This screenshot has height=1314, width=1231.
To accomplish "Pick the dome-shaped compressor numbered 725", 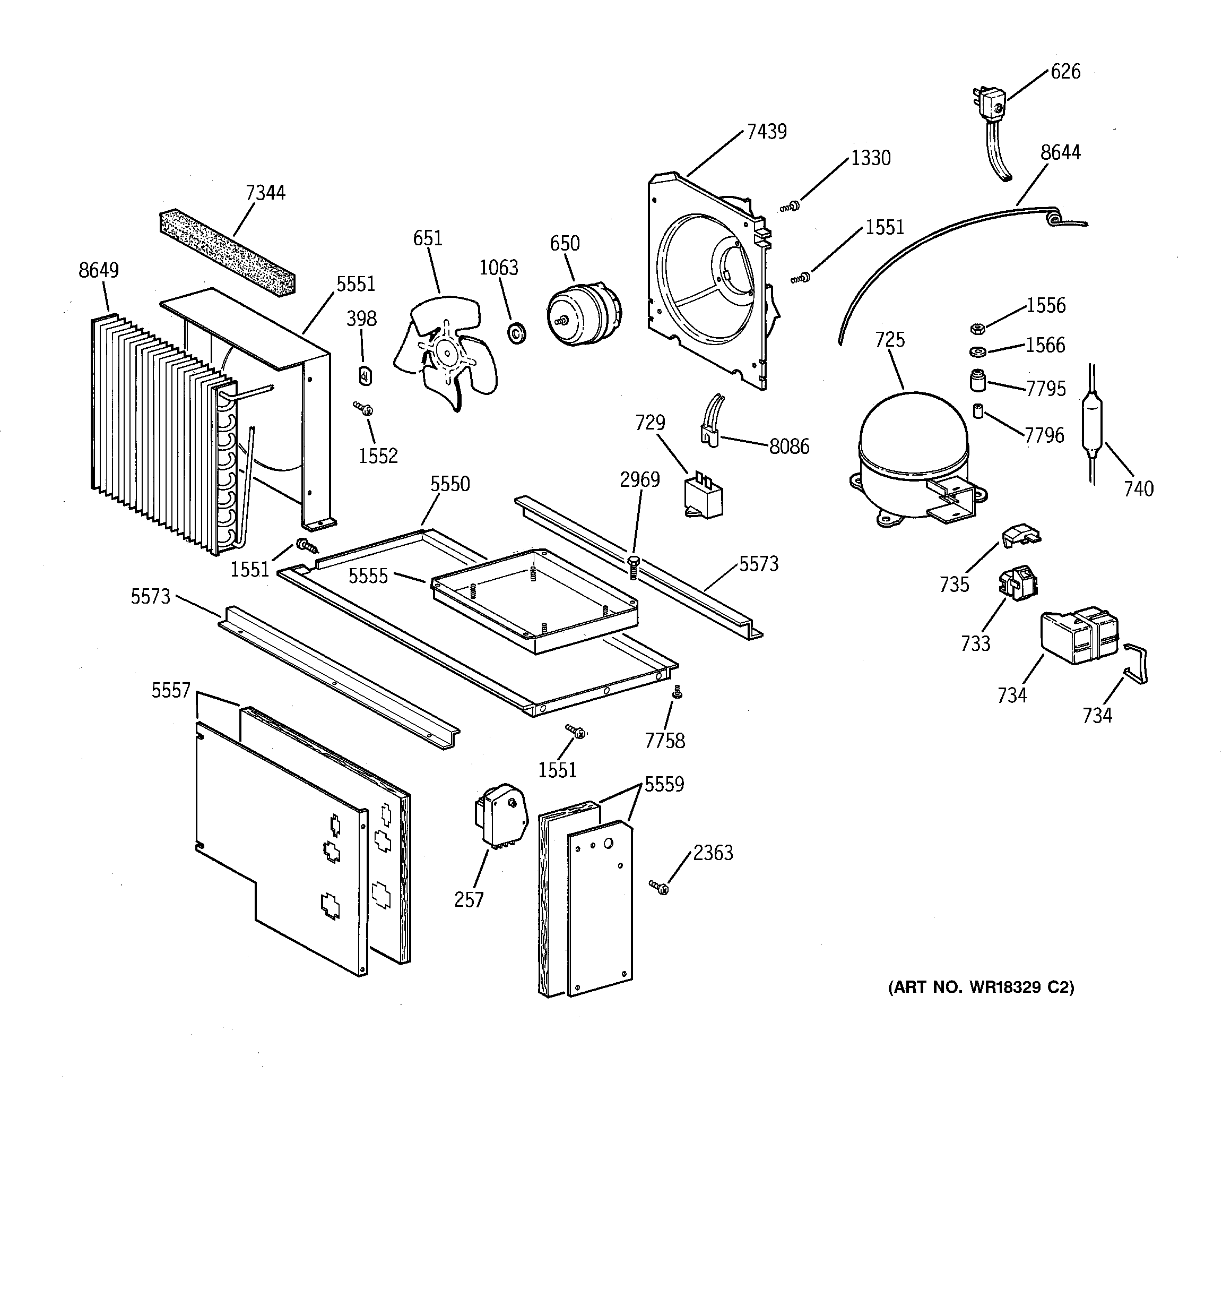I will pos(913,456).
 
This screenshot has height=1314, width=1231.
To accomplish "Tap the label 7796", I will pos(1044,435).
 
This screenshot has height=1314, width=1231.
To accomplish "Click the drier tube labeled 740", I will pos(1093,424).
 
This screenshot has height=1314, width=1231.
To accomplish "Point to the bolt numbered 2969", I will pos(633,566).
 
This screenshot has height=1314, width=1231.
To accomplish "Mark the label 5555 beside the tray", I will pos(368,577).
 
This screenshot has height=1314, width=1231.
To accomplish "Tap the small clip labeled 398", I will pos(365,375).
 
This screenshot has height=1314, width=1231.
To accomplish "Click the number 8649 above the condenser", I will pos(99,270).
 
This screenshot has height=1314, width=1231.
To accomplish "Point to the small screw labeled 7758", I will pos(676,691).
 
